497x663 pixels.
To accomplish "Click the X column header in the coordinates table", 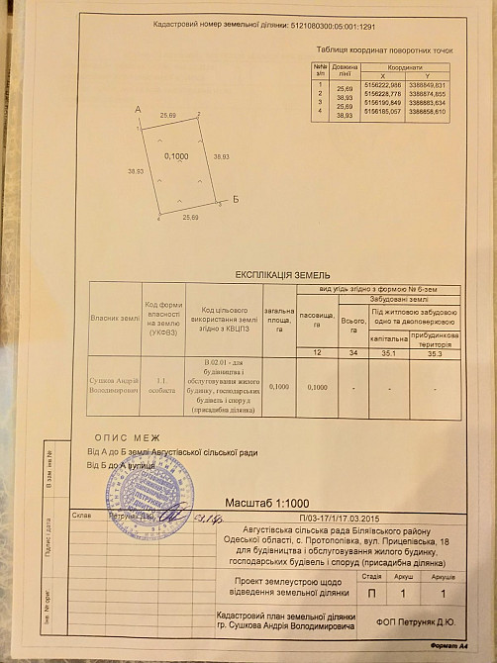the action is click(x=369, y=74).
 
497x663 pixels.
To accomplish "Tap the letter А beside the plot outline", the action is click(x=137, y=108).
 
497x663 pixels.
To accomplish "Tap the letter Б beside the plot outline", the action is click(x=236, y=199).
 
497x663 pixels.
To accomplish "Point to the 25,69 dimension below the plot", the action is click(x=188, y=217).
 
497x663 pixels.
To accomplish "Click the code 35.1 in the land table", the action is click(x=388, y=352).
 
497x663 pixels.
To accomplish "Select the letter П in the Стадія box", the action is click(x=371, y=593).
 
